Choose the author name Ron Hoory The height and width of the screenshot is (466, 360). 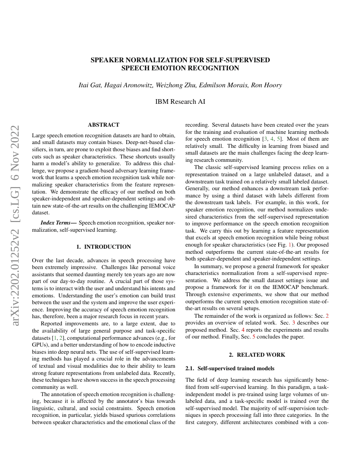click(x=266, y=85)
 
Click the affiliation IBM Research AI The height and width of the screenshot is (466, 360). click(x=180, y=102)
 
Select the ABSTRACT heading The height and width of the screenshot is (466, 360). click(x=103, y=125)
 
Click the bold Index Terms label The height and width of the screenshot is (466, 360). click(x=59, y=222)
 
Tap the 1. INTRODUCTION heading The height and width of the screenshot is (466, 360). click(x=103, y=247)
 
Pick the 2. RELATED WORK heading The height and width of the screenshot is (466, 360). click(x=257, y=355)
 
